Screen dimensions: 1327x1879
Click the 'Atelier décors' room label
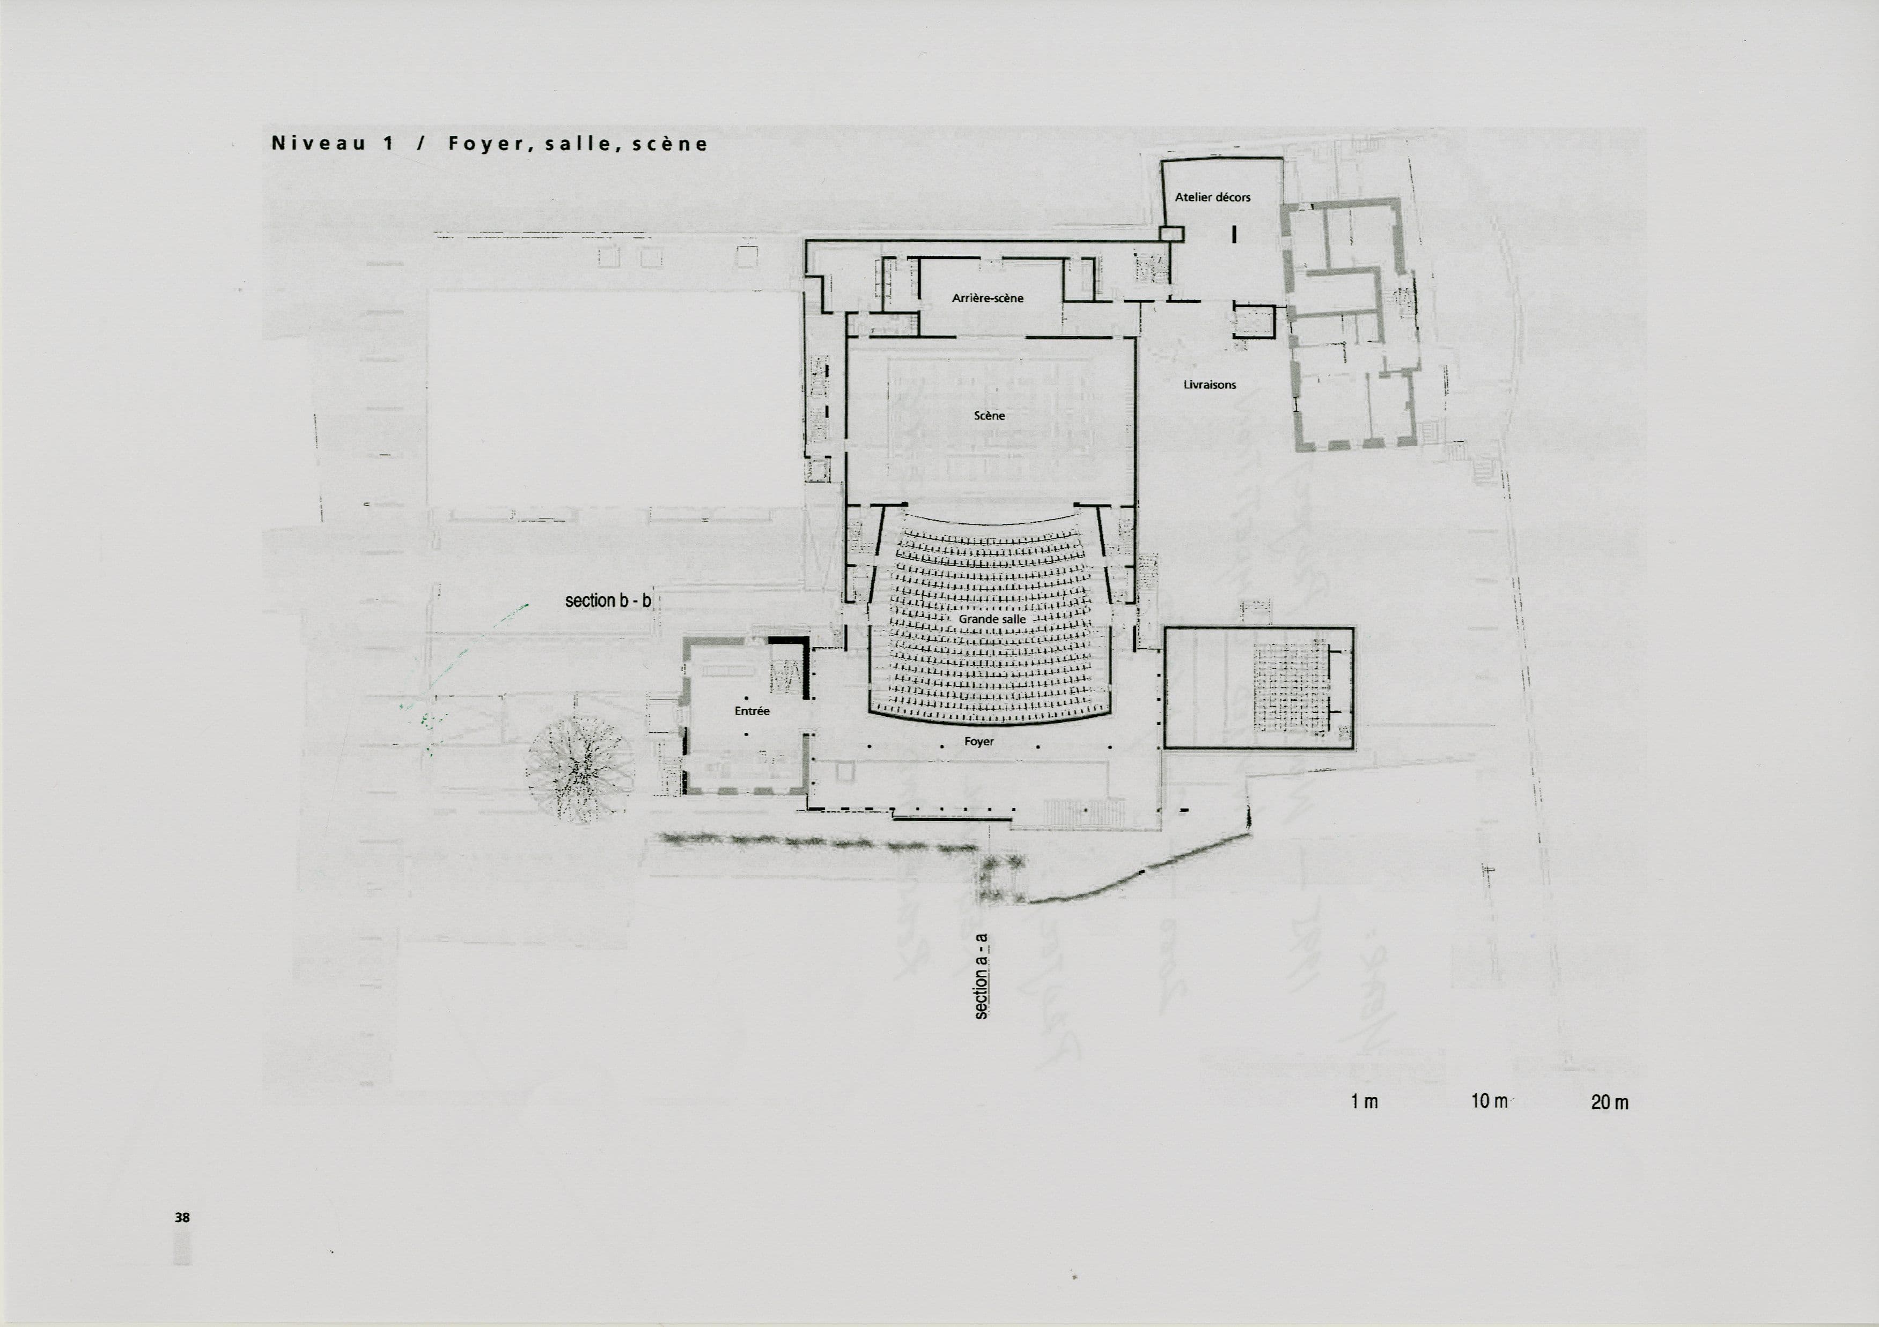(x=1212, y=197)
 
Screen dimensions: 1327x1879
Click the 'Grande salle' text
(x=992, y=619)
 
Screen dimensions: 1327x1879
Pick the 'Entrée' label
(x=751, y=711)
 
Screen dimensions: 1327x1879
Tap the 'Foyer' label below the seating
(x=979, y=742)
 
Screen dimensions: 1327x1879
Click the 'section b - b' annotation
(x=608, y=601)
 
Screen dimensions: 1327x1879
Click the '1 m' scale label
(x=1364, y=1102)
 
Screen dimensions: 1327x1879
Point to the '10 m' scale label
(x=1489, y=1101)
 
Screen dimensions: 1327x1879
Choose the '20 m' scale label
(x=1609, y=1102)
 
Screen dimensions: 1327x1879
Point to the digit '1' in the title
(x=388, y=144)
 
